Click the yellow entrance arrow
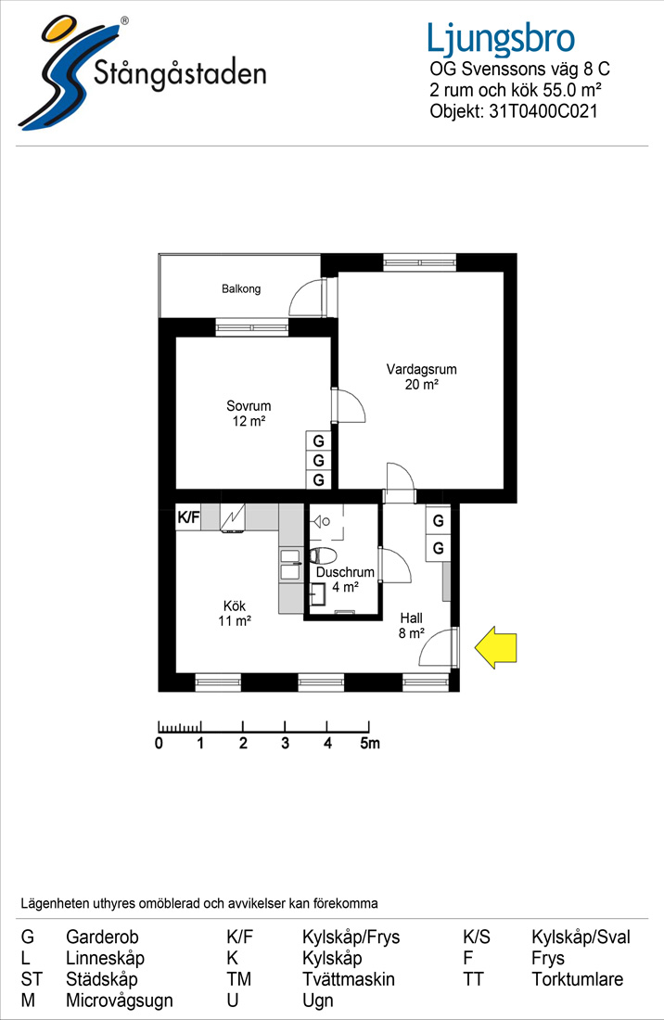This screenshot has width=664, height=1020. [x=495, y=647]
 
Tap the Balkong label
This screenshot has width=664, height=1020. [x=241, y=288]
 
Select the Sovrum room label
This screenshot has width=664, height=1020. [x=249, y=406]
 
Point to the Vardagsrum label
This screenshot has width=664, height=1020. [x=421, y=369]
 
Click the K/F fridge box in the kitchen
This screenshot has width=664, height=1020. [x=188, y=517]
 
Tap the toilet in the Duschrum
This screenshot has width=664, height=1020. [x=322, y=555]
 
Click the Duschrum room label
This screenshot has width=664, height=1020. [x=345, y=572]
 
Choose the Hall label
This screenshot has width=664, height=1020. [x=412, y=618]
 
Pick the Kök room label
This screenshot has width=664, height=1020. [x=234, y=606]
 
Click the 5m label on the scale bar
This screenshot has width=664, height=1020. [x=370, y=743]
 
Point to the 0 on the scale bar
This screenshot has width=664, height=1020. [x=160, y=743]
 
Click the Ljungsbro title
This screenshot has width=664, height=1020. [x=501, y=38]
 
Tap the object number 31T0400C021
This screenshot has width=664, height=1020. [x=543, y=111]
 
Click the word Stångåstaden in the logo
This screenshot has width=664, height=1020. [x=180, y=73]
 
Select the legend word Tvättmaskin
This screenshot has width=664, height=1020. [x=349, y=979]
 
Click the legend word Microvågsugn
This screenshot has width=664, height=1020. [x=120, y=1001]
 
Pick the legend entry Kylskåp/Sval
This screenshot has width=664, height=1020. [x=581, y=937]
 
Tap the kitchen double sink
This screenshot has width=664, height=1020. [x=289, y=565]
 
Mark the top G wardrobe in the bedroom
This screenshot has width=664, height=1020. [x=319, y=441]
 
